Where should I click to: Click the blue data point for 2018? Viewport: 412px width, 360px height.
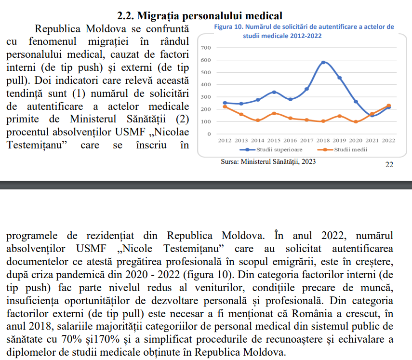coord(323,63)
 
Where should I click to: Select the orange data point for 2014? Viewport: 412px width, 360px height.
coord(258,120)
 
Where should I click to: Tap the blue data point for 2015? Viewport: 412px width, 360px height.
coord(274,92)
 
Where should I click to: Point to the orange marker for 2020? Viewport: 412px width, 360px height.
coord(356,121)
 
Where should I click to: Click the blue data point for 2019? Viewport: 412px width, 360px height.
coord(340,78)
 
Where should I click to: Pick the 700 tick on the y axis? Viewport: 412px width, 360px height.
coord(206,48)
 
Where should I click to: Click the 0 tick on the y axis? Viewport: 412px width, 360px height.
coord(209,134)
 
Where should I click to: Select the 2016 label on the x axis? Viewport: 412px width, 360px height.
coord(291,141)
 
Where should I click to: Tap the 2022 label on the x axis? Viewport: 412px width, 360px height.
coord(388,141)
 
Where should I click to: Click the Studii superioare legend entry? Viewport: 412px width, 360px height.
coord(271,149)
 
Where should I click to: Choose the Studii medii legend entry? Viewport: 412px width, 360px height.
coord(342,149)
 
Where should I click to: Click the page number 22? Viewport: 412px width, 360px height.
coord(389,165)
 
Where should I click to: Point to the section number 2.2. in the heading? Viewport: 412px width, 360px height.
coord(126,16)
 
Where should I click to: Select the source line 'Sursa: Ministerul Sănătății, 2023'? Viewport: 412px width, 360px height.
coord(268,161)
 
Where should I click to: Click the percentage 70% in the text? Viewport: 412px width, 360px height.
coord(72,339)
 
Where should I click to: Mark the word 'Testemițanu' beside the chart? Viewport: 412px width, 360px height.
coord(37,145)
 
